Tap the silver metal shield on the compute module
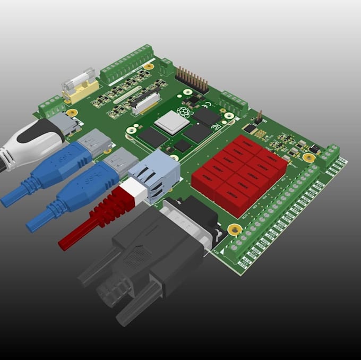pyautogui.click(x=171, y=122)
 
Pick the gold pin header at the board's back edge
pyautogui.click(x=192, y=79)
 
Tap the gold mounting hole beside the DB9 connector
pyautogui.click(x=234, y=229)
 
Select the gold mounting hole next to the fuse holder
pyautogui.click(x=71, y=112)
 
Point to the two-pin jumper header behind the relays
pyautogui.click(x=259, y=117)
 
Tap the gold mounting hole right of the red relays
pyautogui.click(x=308, y=158)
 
